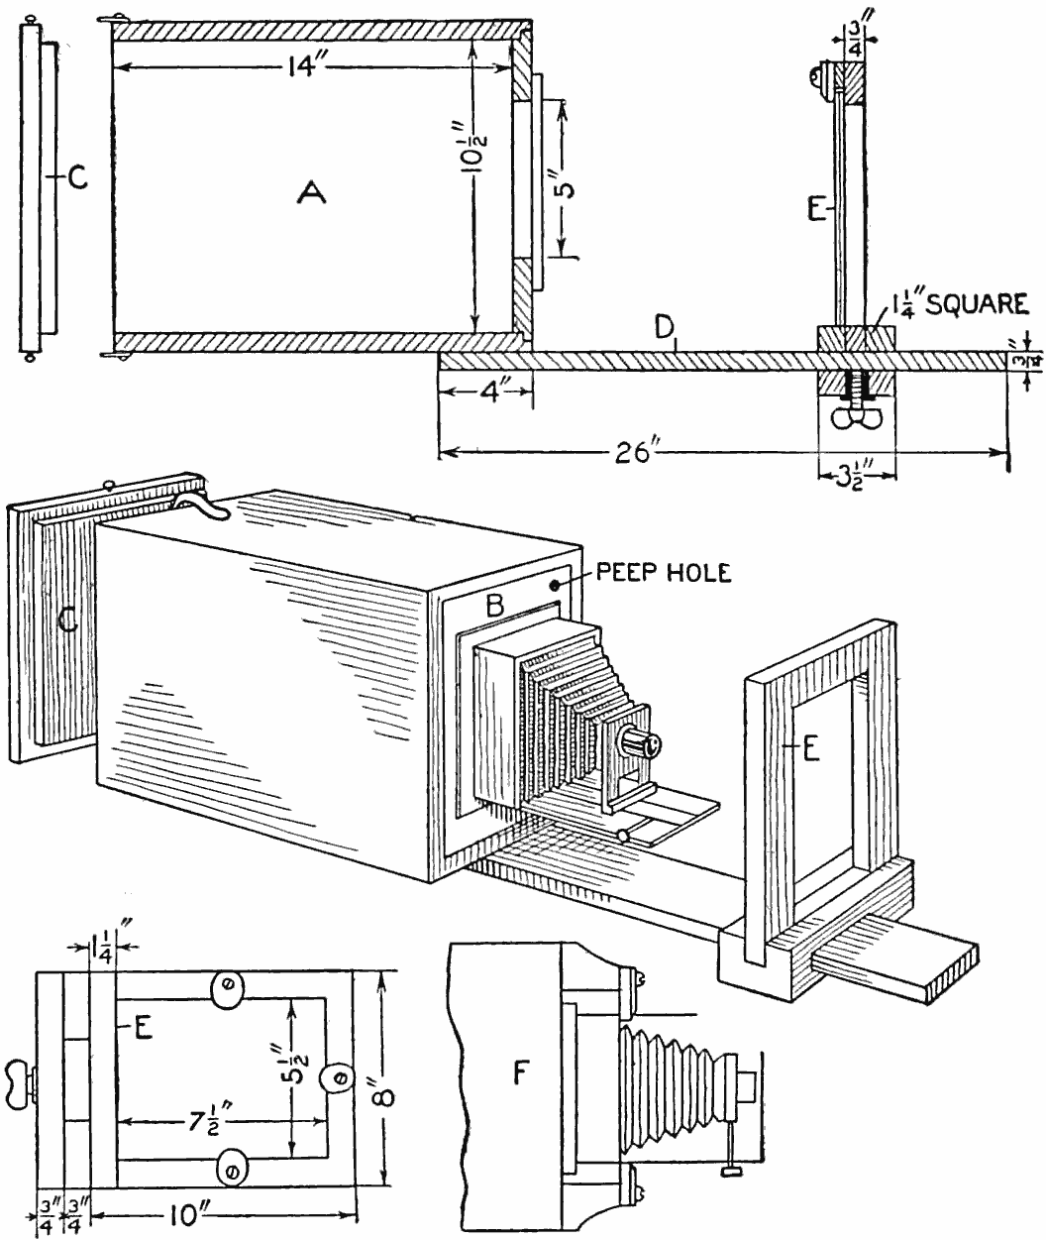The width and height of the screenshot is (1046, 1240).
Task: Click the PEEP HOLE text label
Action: [665, 574]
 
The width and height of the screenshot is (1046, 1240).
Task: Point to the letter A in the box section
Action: [311, 196]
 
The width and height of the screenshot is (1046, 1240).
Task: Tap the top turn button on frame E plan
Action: [228, 987]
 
